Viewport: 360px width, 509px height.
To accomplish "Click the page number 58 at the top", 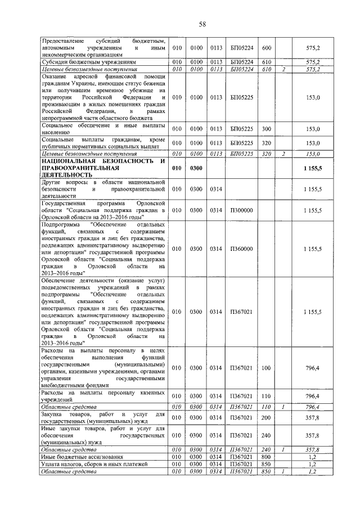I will pyautogui.click(x=202, y=24).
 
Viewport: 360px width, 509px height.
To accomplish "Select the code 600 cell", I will pyautogui.click(x=267, y=48).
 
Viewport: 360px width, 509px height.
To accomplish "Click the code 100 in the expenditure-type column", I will pyautogui.click(x=267, y=368).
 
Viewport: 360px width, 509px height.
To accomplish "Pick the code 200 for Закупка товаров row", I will pyautogui.click(x=267, y=417).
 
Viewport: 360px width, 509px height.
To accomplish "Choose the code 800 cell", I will pyautogui.click(x=267, y=457).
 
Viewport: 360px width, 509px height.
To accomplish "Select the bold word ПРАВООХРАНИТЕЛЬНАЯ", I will pyautogui.click(x=81, y=168).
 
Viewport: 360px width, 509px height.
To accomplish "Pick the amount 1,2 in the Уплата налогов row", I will pyautogui.click(x=314, y=464).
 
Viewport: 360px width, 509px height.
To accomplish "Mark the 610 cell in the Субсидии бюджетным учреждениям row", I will pyautogui.click(x=267, y=62).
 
